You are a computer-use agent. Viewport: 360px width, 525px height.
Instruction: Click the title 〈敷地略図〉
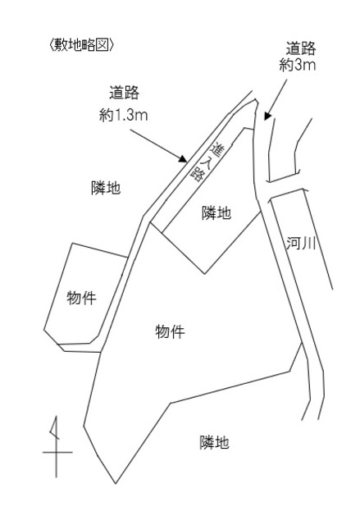(81, 45)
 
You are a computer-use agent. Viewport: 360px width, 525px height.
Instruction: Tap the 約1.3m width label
(124, 116)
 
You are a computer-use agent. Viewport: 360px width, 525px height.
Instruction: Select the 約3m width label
(298, 65)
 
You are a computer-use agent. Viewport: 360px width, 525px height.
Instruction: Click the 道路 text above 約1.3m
(124, 93)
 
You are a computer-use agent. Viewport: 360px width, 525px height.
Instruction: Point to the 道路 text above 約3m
(301, 48)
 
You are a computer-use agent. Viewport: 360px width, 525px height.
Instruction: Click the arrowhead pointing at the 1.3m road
(183, 158)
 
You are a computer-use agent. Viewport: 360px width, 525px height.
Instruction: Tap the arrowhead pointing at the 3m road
(267, 116)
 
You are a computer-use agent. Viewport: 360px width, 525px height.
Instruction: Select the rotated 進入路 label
(207, 162)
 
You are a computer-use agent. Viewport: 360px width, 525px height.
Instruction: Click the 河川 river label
(301, 244)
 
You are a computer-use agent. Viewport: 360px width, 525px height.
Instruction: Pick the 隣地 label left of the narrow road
(106, 188)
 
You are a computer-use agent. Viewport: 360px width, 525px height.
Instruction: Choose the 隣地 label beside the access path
(216, 213)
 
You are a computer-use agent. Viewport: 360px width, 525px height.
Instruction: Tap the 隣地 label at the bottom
(215, 442)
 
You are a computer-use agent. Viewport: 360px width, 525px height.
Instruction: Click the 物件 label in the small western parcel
(81, 298)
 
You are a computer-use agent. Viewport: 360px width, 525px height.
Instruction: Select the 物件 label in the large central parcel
(170, 331)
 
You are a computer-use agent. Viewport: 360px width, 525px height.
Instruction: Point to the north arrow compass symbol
(57, 447)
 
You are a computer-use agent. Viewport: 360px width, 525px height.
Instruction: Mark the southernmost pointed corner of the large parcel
(116, 483)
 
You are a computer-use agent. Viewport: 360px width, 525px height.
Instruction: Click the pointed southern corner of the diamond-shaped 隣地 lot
(205, 273)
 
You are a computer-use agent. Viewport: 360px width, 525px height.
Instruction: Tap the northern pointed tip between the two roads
(257, 100)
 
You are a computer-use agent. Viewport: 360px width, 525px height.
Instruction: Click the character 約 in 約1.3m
(106, 116)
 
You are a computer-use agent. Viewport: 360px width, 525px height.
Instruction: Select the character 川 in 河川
(308, 244)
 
